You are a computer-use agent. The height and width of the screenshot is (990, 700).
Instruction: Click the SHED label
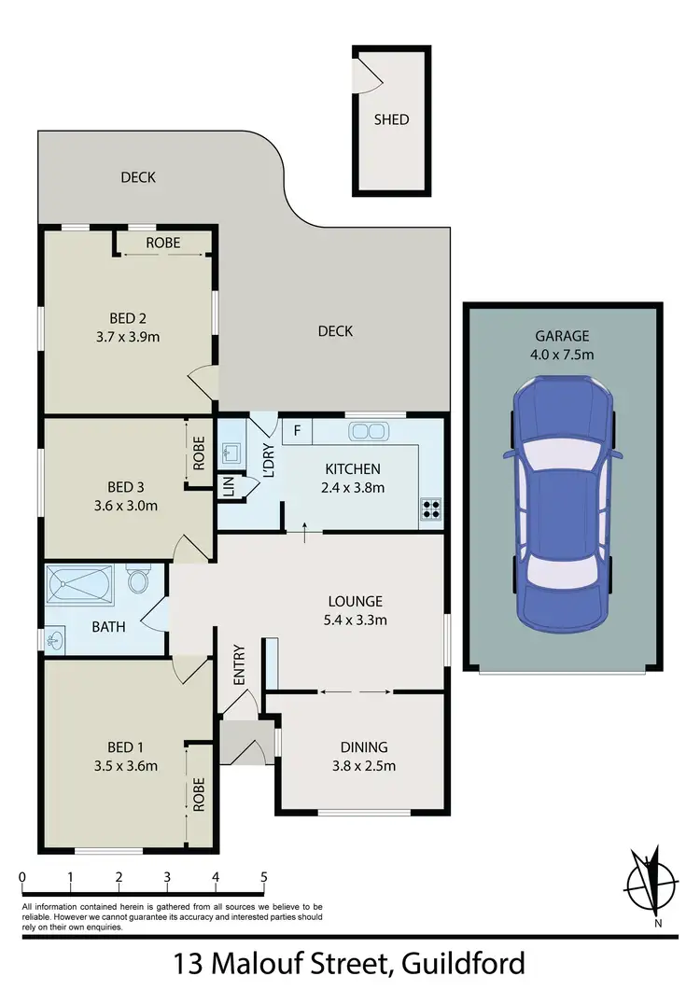tap(391, 119)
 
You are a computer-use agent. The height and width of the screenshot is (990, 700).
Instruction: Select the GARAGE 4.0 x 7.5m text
tap(564, 345)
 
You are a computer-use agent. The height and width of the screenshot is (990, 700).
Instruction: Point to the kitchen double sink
tap(367, 431)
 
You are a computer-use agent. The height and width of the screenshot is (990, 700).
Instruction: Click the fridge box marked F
tap(297, 431)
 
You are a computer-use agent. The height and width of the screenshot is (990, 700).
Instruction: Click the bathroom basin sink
tap(57, 640)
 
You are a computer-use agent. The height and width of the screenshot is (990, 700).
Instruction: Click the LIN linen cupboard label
tap(227, 486)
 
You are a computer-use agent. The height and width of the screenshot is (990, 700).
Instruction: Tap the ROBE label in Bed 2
tap(163, 244)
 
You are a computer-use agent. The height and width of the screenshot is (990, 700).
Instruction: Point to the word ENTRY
tap(239, 665)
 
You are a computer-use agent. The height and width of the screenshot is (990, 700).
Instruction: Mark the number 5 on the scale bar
tap(264, 877)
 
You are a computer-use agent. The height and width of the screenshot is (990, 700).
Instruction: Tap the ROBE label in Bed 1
tap(199, 792)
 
